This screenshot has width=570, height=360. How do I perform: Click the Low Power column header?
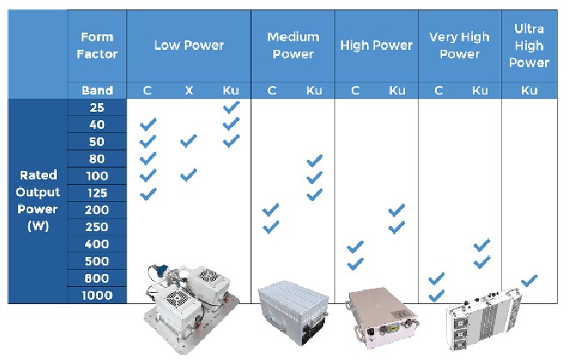(188, 45)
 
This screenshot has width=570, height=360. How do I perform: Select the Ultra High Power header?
(529, 46)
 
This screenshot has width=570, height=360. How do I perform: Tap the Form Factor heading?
(97, 46)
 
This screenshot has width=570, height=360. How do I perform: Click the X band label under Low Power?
(188, 90)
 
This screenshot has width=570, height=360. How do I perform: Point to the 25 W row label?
(97, 107)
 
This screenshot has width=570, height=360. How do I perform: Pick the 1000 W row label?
(97, 296)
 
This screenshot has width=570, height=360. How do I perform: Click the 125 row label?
(97, 193)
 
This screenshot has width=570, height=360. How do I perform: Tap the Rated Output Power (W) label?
(38, 200)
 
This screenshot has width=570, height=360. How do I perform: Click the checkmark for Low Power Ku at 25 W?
(231, 107)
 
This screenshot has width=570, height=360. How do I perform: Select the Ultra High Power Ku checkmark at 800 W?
(530, 281)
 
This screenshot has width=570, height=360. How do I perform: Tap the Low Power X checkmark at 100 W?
(188, 174)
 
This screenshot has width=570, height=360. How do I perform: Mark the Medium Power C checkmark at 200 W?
(271, 210)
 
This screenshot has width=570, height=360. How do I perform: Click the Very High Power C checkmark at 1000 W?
(436, 296)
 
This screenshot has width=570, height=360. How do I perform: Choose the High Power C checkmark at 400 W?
(355, 247)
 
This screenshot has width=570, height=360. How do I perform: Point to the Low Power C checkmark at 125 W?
(149, 194)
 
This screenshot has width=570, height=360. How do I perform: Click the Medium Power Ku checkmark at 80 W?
(315, 161)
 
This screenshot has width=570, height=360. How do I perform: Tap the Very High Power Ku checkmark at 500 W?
(482, 262)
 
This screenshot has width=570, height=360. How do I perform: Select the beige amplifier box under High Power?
(382, 317)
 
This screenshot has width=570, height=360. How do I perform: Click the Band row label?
(97, 90)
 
